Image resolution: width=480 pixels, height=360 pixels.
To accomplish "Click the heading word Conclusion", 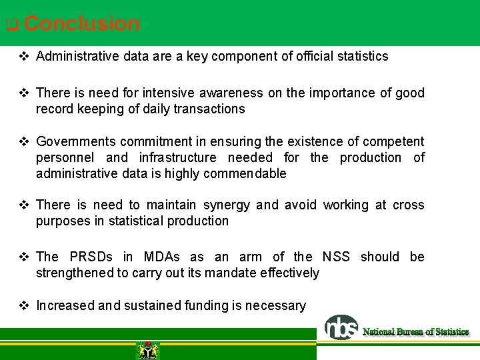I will tap(81, 24).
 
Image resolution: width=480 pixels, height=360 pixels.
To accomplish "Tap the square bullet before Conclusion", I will tap(11, 26).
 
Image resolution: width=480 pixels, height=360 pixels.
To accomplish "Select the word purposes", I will tap(63, 221).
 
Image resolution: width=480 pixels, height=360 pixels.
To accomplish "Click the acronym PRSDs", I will tap(98, 257).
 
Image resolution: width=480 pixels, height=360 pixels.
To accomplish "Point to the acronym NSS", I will tap(336, 257).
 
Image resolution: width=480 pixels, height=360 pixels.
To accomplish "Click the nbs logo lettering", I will tap(341, 328).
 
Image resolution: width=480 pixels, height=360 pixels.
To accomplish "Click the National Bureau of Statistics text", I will tap(415, 331).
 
